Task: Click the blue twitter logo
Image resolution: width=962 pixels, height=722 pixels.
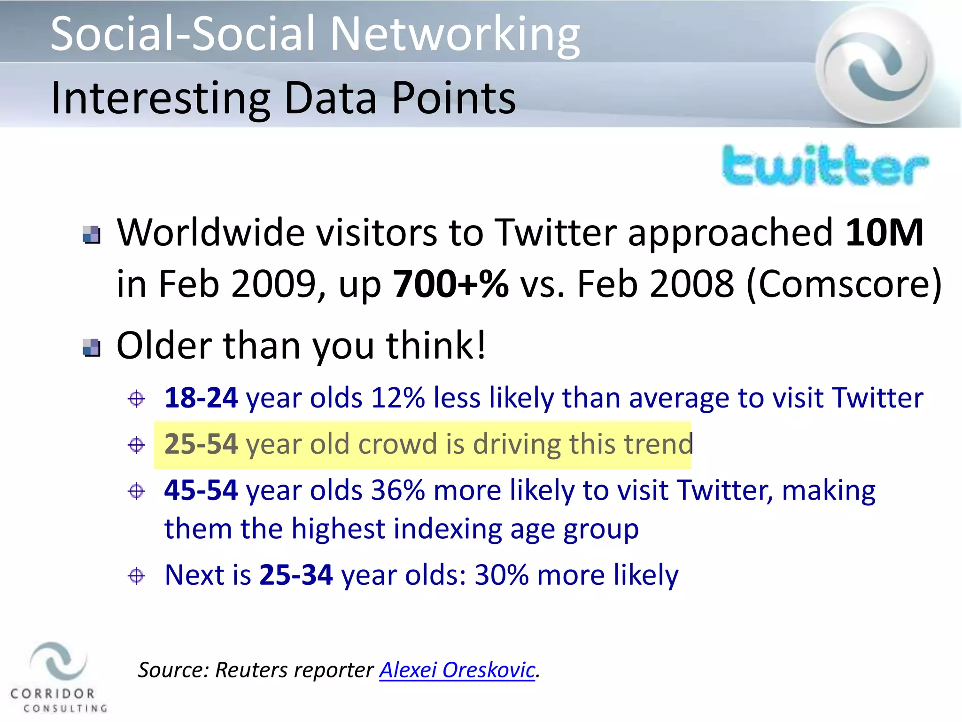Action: pos(825,166)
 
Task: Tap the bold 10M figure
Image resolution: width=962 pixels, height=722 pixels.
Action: pos(884,233)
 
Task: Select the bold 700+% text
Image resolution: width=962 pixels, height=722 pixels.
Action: pos(450,284)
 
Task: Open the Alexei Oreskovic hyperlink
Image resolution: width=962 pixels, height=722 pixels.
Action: pos(457,670)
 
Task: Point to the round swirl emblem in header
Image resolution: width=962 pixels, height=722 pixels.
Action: pos(875,64)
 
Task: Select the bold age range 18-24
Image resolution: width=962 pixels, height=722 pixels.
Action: pos(201,398)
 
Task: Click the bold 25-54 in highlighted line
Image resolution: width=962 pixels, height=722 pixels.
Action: pos(201,444)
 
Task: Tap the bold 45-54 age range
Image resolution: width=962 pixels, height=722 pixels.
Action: pos(201,490)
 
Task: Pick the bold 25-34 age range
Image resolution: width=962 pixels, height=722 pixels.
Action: pos(296,575)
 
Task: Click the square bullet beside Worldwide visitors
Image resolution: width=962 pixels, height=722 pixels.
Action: pos(91,235)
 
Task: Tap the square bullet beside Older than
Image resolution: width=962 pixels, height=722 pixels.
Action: pos(91,347)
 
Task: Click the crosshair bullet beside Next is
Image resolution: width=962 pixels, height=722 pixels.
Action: pos(136,576)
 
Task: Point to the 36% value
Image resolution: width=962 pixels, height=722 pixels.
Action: pos(397,490)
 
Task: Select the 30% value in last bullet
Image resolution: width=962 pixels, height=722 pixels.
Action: pos(501,575)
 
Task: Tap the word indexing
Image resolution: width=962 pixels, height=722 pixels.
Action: pos(448,529)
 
